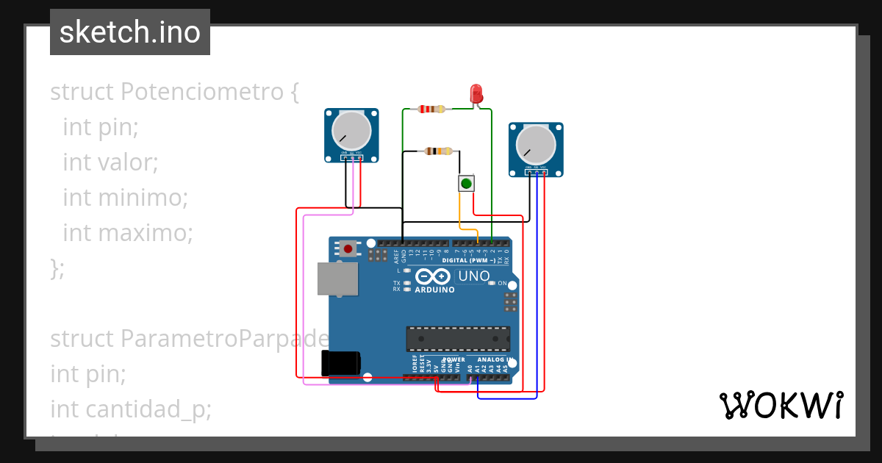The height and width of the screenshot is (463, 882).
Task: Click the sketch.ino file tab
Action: [130, 32]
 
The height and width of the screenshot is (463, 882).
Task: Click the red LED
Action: [476, 93]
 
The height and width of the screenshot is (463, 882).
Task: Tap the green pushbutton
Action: [466, 183]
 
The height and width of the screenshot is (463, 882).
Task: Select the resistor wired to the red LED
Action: [431, 110]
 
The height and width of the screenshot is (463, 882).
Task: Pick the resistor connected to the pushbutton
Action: [439, 151]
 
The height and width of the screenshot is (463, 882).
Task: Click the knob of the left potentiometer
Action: [351, 130]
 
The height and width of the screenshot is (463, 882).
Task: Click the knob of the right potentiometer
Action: [535, 144]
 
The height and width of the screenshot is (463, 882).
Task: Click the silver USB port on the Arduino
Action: [337, 279]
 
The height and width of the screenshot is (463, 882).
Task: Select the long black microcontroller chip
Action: [458, 338]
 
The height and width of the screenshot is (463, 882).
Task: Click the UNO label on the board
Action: [473, 276]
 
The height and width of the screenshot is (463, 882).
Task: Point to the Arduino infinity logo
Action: [433, 276]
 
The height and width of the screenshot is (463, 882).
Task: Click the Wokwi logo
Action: [781, 405]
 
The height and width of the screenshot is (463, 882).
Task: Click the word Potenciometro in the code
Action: [201, 92]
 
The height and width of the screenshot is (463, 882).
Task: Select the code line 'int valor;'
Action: [110, 162]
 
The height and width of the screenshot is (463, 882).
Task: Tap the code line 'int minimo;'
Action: [125, 197]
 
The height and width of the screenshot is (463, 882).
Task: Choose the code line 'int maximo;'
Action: [127, 232]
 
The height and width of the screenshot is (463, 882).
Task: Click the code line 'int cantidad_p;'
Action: [130, 409]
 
